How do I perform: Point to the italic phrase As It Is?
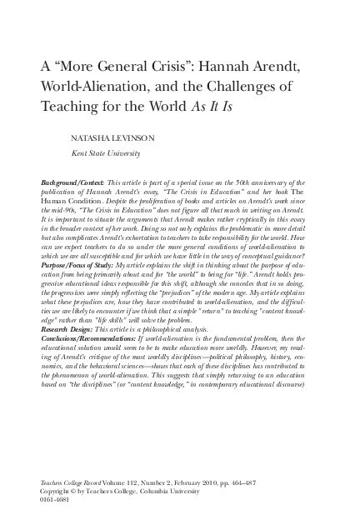coord(244,106)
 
